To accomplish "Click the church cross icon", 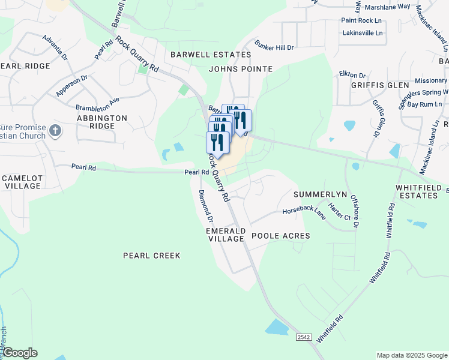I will (x=55, y=130).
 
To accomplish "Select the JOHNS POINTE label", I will (x=240, y=69).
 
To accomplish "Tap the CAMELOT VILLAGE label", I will (x=22, y=182).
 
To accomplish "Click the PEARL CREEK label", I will (x=151, y=256).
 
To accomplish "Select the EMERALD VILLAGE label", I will (x=226, y=235).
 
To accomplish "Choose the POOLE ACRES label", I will (x=280, y=236).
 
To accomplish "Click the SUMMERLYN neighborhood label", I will (x=320, y=195).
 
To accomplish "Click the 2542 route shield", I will (x=304, y=338).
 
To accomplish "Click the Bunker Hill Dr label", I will (x=274, y=46).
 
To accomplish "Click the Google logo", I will (x=20, y=353).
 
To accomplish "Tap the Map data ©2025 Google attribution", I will (x=412, y=355).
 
